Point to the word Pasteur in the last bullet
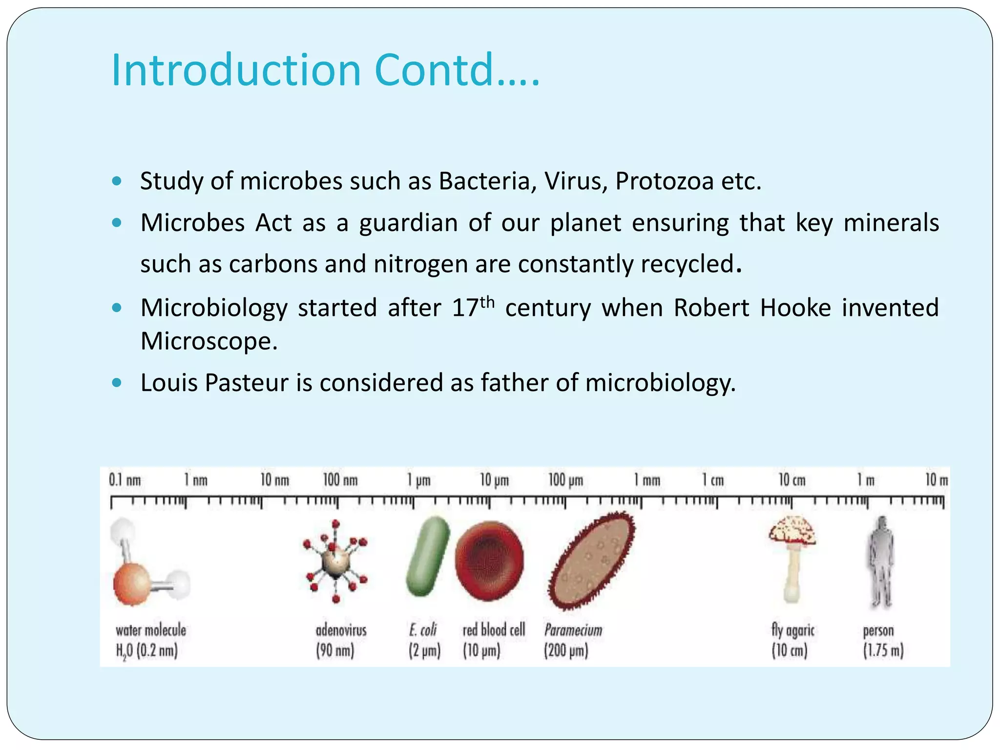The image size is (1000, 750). pos(247,383)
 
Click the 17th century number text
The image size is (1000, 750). pos(473,307)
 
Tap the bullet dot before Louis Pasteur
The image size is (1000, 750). pos(116,382)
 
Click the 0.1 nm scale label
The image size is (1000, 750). pos(125,480)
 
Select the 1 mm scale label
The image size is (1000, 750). pos(647,480)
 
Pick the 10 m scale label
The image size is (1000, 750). pos(937,480)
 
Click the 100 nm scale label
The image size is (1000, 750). pos(340,480)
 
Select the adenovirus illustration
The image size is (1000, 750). pos(335,562)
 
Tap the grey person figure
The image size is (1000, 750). pos(880,562)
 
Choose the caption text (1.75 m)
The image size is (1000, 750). pos(883,651)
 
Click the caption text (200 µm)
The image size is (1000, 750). pos(566,651)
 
